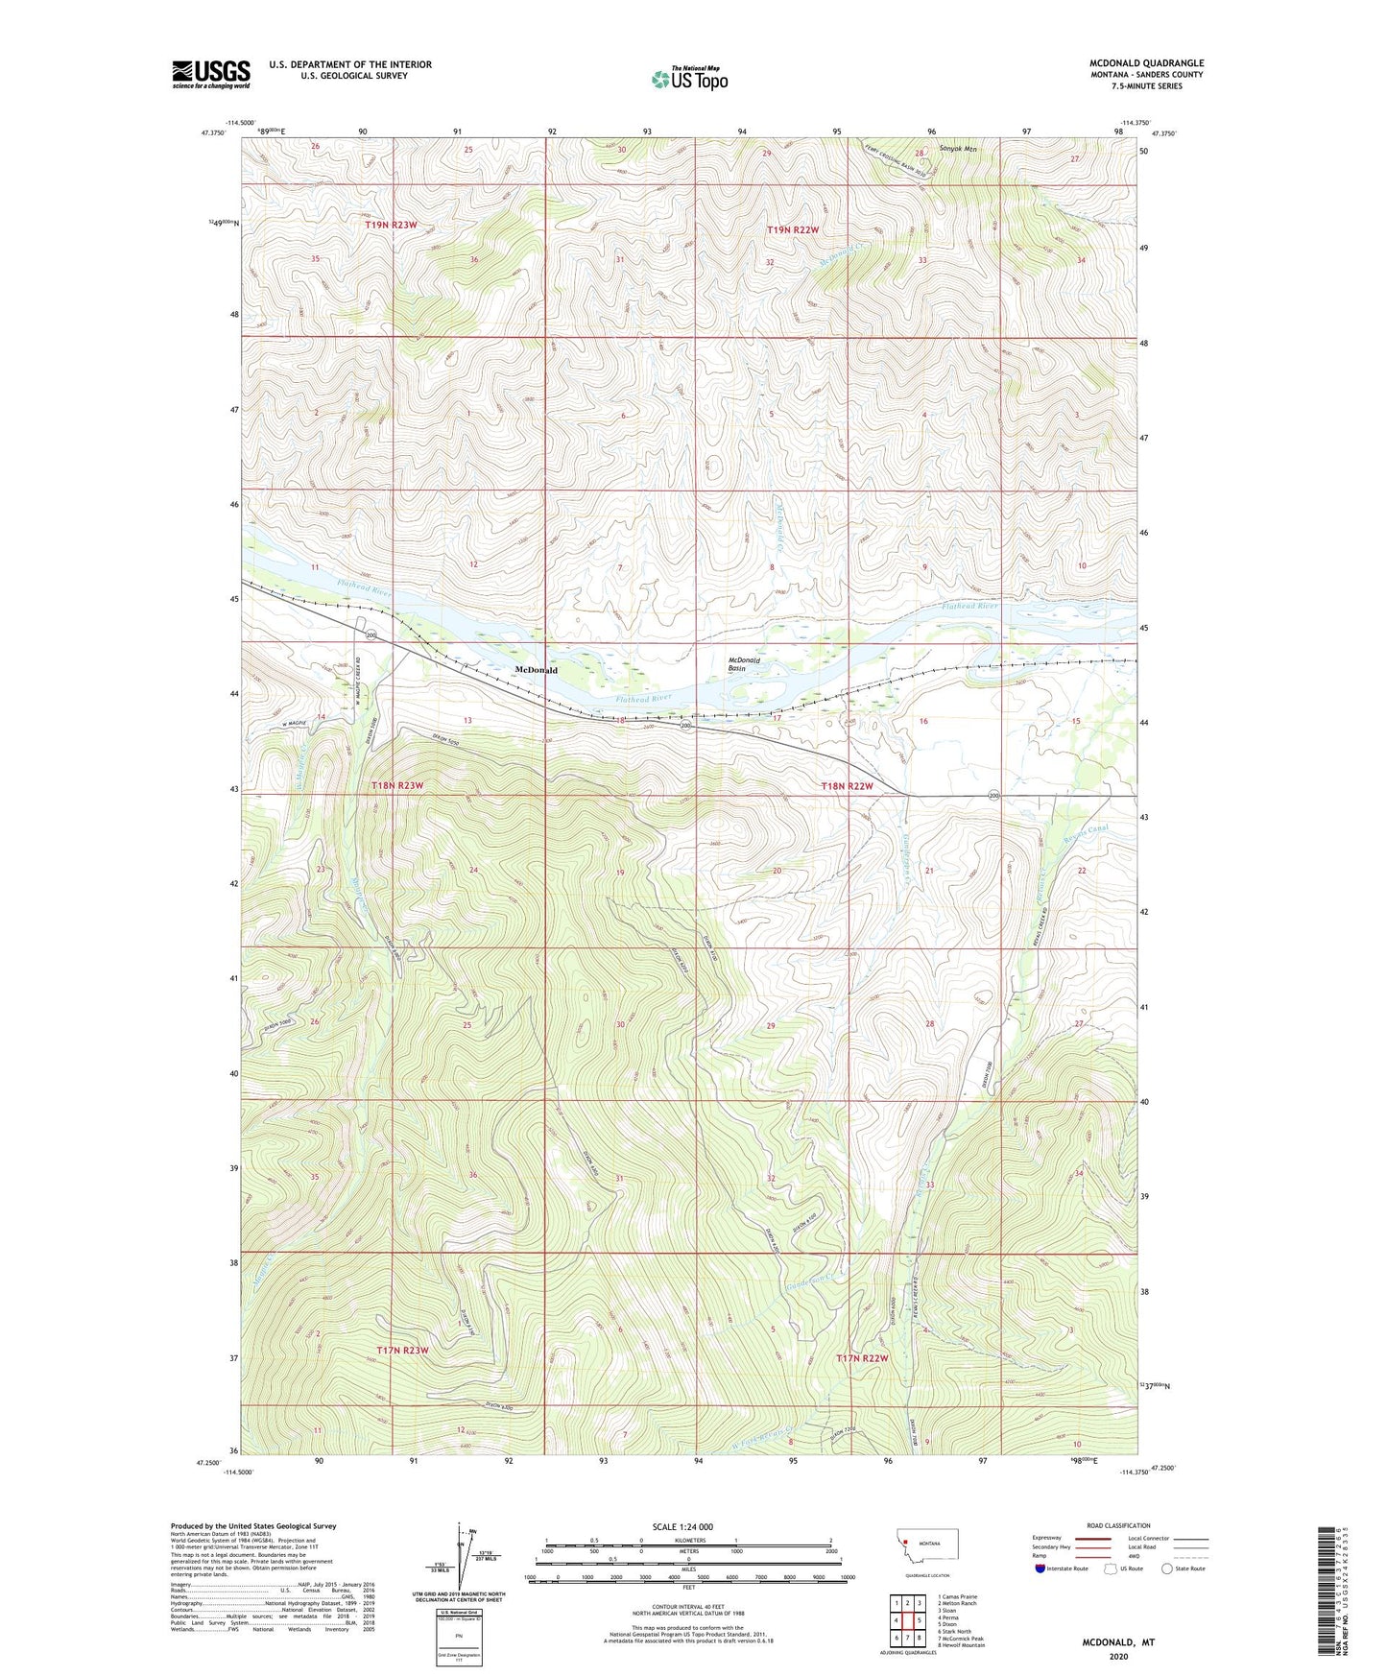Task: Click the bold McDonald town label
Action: [536, 670]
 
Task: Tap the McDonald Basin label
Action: [744, 664]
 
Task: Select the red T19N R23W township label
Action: [391, 225]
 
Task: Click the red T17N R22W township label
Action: [862, 1358]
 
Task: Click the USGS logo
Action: [211, 74]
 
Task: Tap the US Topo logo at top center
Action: [689, 79]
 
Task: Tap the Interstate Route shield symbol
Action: [1042, 1568]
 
